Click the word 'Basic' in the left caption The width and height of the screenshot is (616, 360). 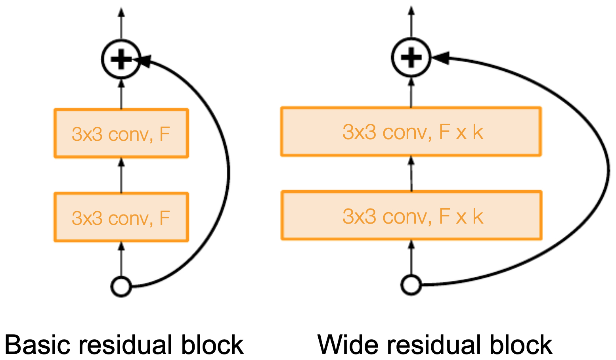[37, 344]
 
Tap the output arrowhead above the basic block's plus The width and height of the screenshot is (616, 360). [121, 12]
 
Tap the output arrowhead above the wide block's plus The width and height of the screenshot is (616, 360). [411, 10]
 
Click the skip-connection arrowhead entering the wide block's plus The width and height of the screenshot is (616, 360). [440, 58]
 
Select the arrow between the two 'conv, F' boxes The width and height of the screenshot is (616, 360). [121, 175]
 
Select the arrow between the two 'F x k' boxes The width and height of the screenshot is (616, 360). [411, 173]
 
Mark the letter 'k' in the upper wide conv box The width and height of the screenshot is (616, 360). [478, 132]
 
